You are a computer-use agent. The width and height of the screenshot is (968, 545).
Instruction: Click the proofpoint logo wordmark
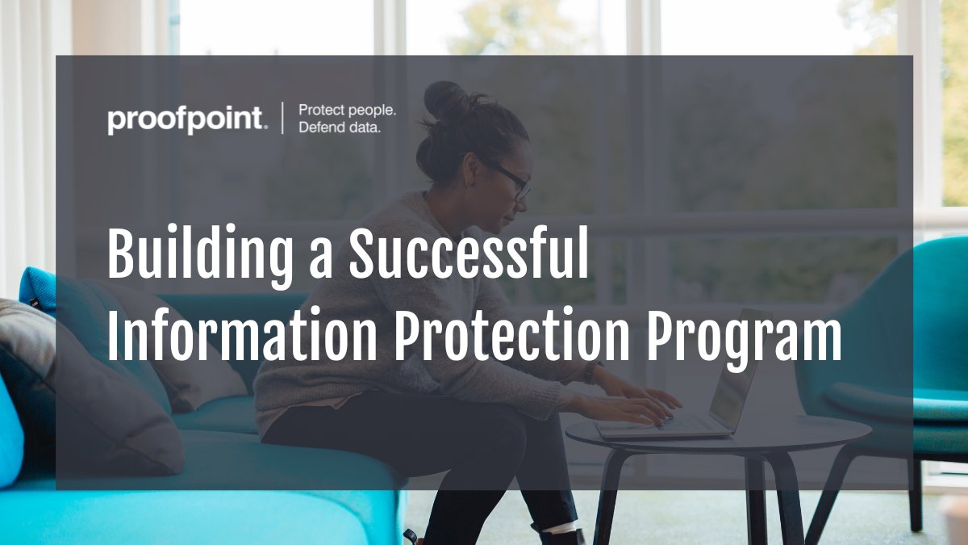(186, 120)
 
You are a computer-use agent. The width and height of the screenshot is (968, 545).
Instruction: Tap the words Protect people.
(347, 110)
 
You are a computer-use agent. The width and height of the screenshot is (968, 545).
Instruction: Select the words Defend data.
(339, 128)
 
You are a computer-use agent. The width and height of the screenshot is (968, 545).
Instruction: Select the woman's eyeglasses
(512, 178)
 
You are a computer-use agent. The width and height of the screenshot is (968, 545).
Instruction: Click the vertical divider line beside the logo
(282, 119)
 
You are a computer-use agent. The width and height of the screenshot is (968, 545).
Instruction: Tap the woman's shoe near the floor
(557, 535)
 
